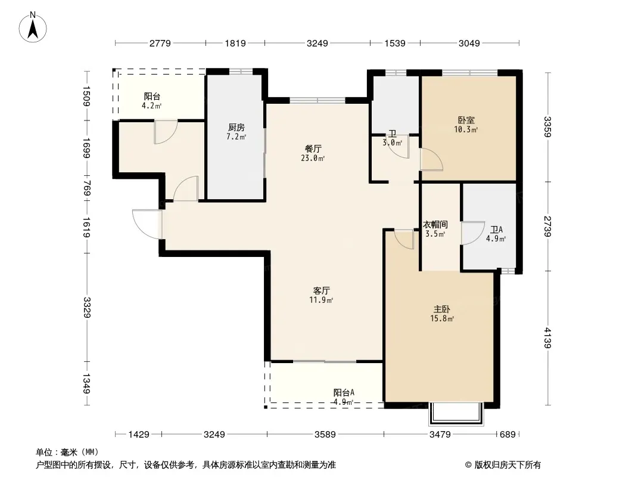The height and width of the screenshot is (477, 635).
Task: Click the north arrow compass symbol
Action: point(33,27)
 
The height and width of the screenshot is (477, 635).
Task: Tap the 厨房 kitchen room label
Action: point(236,128)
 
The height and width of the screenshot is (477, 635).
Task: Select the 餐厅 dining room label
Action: point(313,148)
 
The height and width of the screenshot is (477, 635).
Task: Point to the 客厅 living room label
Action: point(321,290)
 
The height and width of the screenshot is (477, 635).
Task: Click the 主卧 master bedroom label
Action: point(442,309)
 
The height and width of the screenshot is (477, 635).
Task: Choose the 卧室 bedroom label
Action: point(466,120)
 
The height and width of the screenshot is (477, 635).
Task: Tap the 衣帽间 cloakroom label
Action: point(435,225)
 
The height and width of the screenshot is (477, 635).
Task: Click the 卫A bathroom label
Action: point(496,230)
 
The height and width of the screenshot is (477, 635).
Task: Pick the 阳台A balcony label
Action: point(344,392)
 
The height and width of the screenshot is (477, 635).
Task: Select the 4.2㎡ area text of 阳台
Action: point(151,106)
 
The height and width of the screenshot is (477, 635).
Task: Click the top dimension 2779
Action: point(160,43)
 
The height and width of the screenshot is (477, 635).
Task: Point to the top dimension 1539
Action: point(395,43)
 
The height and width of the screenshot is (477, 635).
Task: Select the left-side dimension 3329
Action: point(87,307)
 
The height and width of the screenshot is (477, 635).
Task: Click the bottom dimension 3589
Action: point(325,435)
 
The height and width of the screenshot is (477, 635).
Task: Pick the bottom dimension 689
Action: point(508,435)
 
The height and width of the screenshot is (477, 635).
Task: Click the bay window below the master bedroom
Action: point(456,413)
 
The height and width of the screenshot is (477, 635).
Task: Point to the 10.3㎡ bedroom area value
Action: point(466,130)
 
